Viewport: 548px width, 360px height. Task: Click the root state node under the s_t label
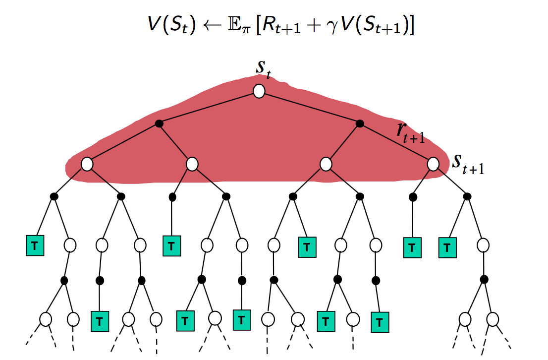pos(259,91)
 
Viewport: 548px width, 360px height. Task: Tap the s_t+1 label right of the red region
pos(468,164)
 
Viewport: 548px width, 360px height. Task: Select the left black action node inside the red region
pos(159,123)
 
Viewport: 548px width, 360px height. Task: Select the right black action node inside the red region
pos(360,123)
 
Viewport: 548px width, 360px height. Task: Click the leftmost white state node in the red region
pos(87,164)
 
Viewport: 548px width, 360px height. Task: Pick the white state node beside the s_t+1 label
pos(433,164)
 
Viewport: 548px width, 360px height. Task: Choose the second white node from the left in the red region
pos(192,164)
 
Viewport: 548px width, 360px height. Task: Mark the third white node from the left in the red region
pos(326,164)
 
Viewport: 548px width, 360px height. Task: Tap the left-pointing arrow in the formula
pos(212,25)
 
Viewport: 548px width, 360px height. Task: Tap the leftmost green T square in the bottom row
pos(100,321)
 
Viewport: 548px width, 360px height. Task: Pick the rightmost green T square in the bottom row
pos(380,322)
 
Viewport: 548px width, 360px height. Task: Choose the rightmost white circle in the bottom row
pos(493,319)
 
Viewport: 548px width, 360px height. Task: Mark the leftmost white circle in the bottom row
pos(46,319)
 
